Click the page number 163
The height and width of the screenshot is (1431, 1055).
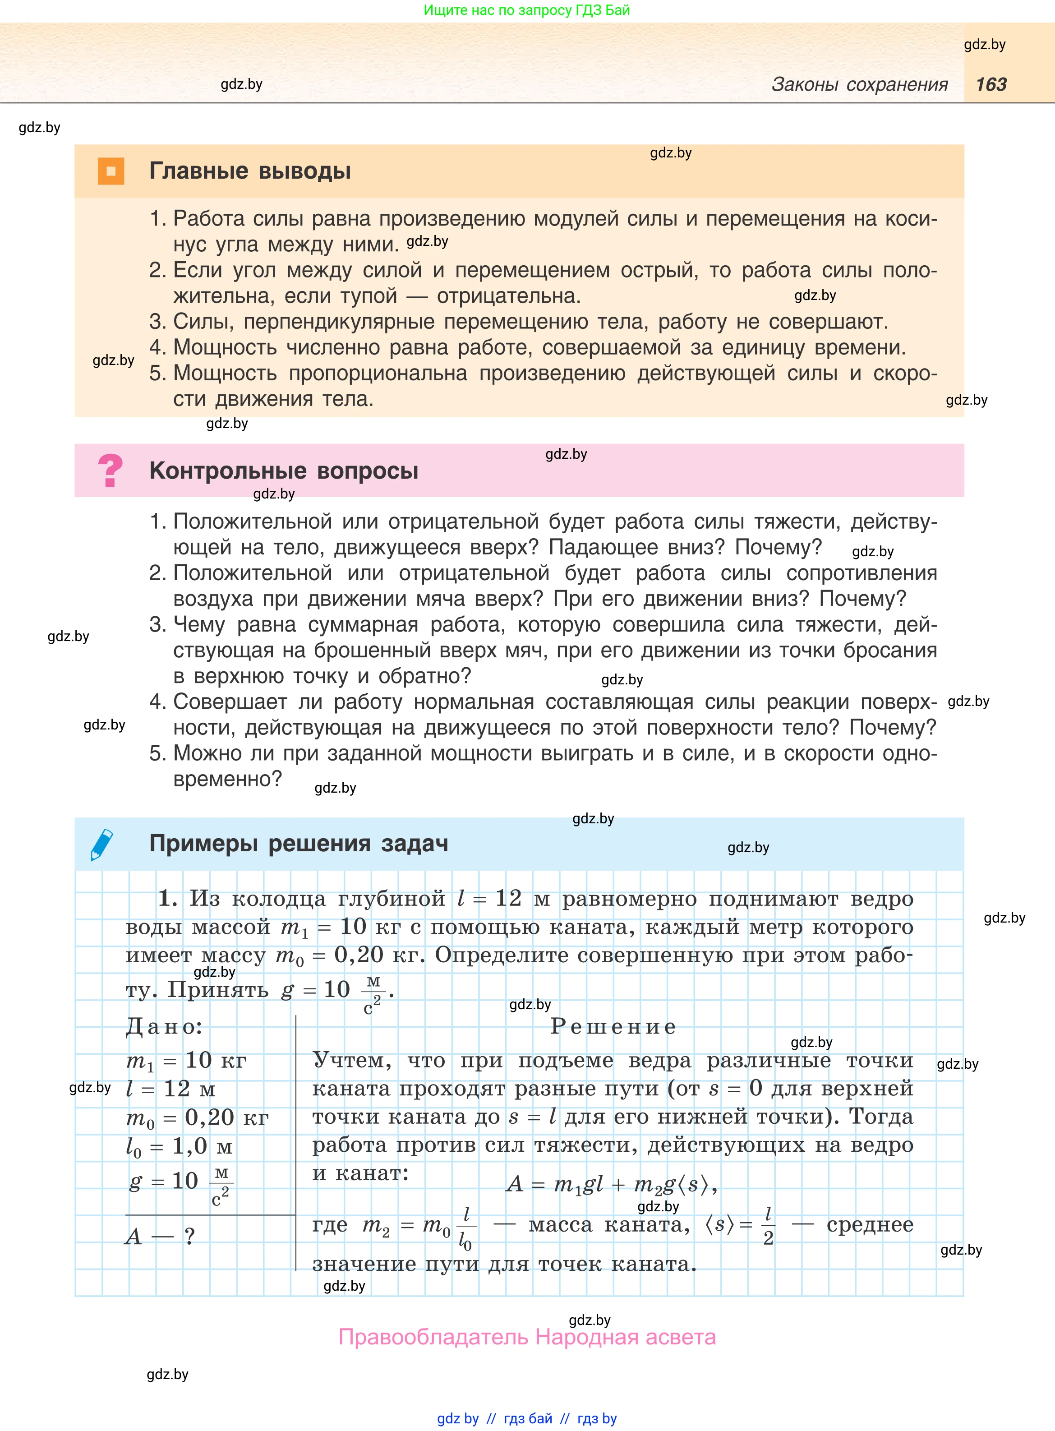991,84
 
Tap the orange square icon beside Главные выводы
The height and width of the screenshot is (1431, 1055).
111,171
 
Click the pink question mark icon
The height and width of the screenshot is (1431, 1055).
110,471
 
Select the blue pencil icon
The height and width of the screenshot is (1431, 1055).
102,844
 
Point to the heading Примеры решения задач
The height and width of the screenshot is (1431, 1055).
298,844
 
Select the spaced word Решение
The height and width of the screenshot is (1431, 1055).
613,1026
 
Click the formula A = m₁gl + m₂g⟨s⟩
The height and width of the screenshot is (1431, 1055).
611,1185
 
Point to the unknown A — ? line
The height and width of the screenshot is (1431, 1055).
160,1236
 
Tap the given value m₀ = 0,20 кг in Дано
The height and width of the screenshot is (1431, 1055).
197,1117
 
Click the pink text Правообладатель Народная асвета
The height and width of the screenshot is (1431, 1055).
527,1337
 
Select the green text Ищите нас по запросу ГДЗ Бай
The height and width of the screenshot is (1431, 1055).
527,10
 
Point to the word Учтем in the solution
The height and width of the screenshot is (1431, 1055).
351,1061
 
